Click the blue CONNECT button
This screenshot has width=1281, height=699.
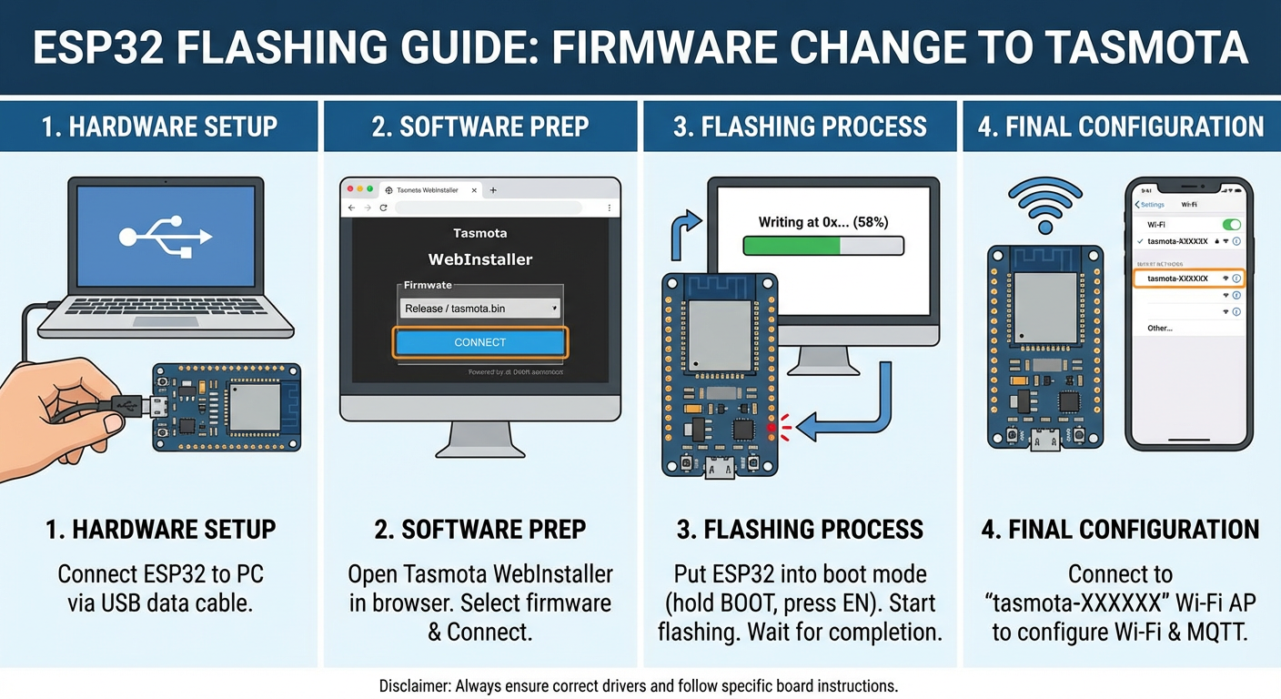479,342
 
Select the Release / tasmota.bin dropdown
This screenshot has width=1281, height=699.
479,309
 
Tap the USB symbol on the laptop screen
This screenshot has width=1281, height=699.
166,236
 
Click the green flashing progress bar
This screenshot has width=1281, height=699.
822,246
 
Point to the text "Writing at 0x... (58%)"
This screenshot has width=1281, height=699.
822,221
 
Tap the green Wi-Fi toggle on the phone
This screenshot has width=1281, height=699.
1232,224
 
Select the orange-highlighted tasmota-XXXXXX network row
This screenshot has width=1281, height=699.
1187,279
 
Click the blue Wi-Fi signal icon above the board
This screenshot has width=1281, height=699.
1044,205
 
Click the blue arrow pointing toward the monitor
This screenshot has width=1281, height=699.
683,232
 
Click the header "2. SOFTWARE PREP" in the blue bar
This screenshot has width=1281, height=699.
479,127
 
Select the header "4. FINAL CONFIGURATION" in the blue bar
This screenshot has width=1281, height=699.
1121,127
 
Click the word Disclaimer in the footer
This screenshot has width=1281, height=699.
414,685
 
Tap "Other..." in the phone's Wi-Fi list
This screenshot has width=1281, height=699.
1160,328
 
